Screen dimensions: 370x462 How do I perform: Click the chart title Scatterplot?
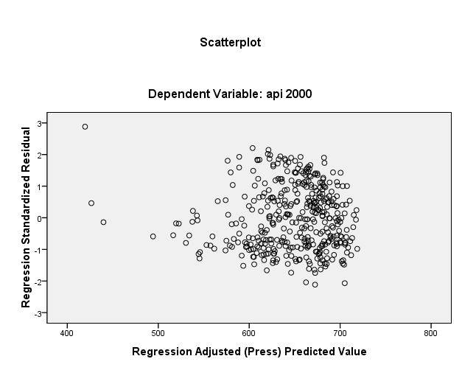click(230, 43)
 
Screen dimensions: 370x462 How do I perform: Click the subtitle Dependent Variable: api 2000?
click(230, 94)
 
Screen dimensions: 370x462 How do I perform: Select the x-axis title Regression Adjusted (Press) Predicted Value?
click(249, 351)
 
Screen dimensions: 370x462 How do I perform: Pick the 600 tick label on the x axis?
click(249, 329)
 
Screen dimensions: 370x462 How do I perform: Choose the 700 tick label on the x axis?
click(340, 329)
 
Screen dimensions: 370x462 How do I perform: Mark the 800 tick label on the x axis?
click(430, 329)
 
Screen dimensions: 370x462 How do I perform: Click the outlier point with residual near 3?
click(85, 127)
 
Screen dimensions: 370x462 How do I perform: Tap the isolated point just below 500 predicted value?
click(153, 236)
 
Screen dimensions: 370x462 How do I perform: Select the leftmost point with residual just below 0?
click(104, 222)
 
